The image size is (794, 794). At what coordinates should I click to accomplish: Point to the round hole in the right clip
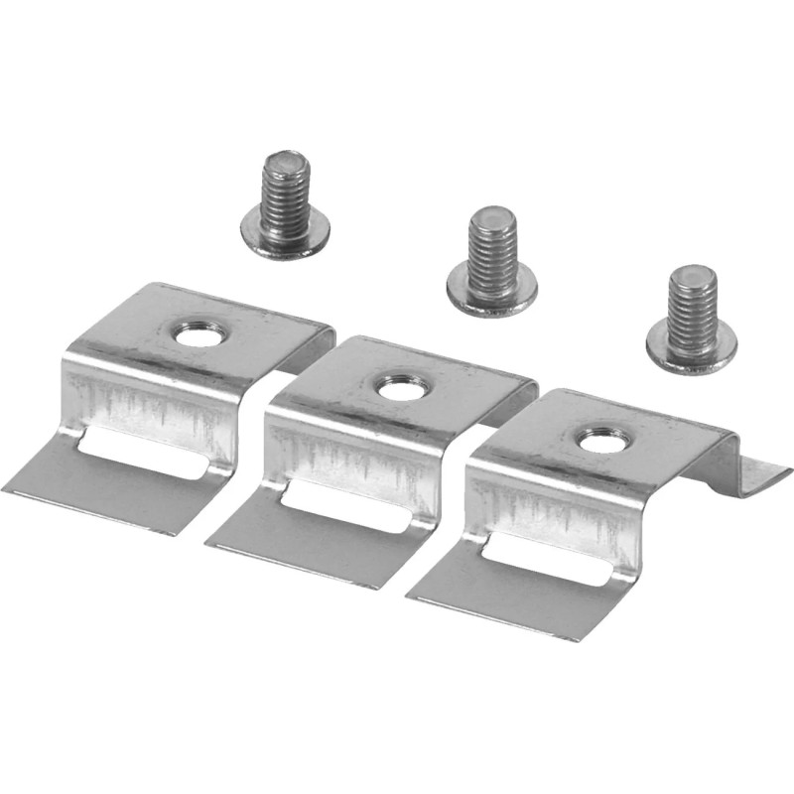click(x=598, y=439)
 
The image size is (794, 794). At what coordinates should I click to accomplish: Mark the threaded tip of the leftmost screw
click(x=284, y=164)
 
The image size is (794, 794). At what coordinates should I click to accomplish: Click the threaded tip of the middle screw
click(x=491, y=220)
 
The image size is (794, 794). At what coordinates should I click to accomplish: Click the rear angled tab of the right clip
click(x=759, y=476)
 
